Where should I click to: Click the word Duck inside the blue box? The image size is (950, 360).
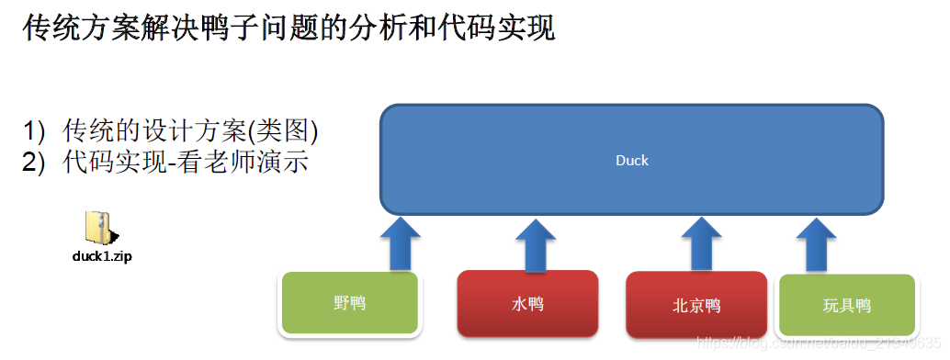pos(632,161)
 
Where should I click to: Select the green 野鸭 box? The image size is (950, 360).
pos(350,302)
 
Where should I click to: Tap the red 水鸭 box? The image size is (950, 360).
pos(527,304)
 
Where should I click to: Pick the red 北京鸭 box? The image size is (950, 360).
pos(696,306)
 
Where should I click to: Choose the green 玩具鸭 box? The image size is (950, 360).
pos(846,306)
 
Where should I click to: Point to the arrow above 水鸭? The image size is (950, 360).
pos(534,244)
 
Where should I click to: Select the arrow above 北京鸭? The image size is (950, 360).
pos(700,244)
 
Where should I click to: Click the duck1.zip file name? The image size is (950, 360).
pos(102,256)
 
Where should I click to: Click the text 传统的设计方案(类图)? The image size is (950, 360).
pos(190,130)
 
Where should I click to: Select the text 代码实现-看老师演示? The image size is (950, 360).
pos(185,163)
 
